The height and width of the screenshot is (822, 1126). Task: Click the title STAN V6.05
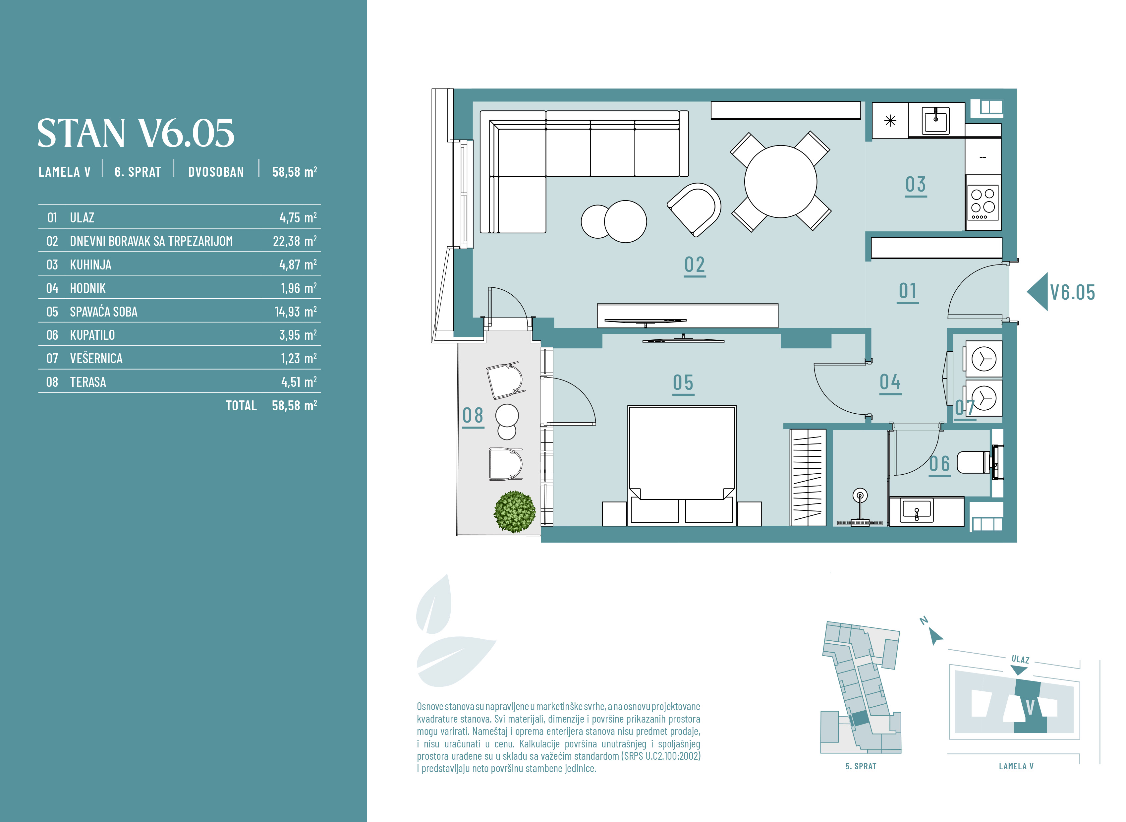point(136,133)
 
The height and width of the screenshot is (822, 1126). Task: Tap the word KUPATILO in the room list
point(92,335)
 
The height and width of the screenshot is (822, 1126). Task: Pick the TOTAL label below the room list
point(241,405)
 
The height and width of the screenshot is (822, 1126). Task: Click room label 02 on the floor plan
point(695,265)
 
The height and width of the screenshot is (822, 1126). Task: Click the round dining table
point(780,182)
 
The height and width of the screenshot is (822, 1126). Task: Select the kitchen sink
point(935,120)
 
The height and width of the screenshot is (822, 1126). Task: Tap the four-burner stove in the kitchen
point(983,203)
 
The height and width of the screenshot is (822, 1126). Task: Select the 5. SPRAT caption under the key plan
point(861,766)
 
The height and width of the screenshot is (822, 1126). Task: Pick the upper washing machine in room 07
point(983,359)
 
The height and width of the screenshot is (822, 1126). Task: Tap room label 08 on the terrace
point(473,416)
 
